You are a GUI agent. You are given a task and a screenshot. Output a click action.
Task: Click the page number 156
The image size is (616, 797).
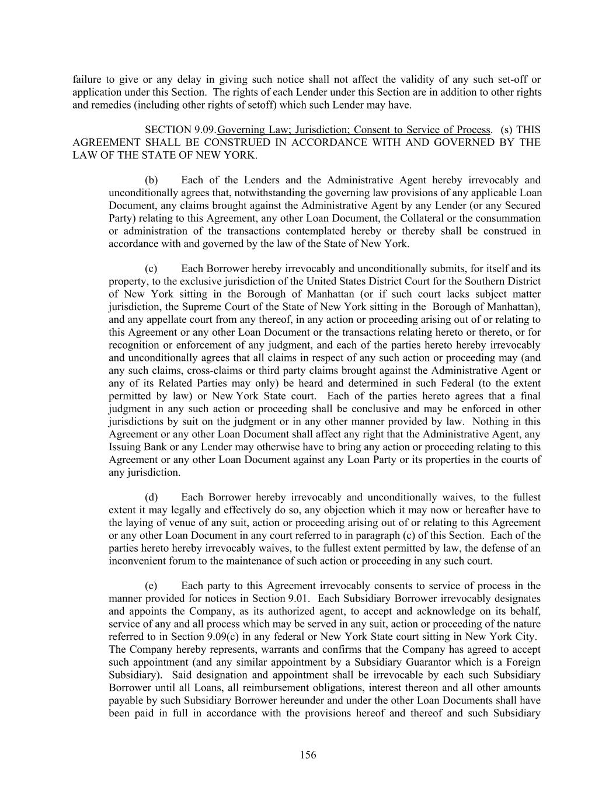click(x=308, y=755)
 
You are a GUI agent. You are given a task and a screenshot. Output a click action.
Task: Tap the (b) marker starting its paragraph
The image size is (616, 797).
click(x=151, y=180)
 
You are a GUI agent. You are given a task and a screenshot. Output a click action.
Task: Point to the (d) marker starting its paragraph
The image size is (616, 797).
click(x=151, y=497)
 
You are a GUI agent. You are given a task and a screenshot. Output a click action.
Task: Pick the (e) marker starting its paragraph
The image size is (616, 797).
click(x=151, y=586)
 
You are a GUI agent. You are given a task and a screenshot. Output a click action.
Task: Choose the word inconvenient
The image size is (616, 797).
click(x=138, y=561)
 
